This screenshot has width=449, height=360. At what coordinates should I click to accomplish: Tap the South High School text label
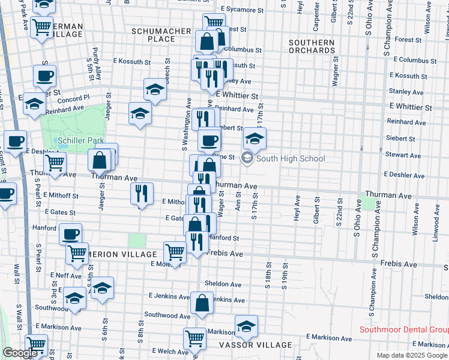pyautogui.click(x=290, y=159)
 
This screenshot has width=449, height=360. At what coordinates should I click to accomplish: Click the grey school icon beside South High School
pyautogui.click(x=246, y=158)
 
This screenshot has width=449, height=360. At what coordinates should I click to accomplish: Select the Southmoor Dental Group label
pyautogui.click(x=403, y=329)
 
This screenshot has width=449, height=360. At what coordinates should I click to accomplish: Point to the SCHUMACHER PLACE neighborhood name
pyautogui.click(x=154, y=34)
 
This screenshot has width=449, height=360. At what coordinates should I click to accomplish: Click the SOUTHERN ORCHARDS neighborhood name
pyautogui.click(x=312, y=46)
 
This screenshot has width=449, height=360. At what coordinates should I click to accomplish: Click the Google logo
pyautogui.click(x=20, y=353)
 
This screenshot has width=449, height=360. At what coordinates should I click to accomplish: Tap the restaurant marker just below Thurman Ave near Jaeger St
pyautogui.click(x=140, y=193)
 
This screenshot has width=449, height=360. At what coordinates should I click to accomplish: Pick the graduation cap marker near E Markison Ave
pyautogui.click(x=246, y=326)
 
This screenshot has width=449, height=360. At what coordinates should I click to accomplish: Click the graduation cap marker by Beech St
pyautogui.click(x=155, y=89)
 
